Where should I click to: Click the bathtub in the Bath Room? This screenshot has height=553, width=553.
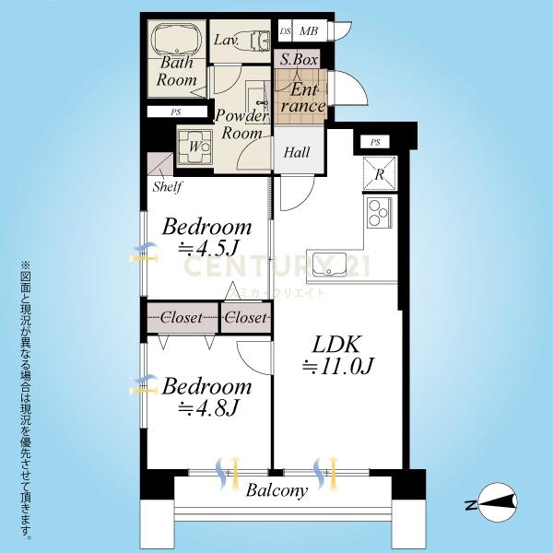pyautogui.click(x=177, y=39)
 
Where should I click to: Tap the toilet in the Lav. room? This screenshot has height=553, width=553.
pyautogui.click(x=260, y=41)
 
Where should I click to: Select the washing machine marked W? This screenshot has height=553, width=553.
pyautogui.click(x=195, y=147)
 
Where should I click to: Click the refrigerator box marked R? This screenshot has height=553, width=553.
pyautogui.click(x=380, y=174)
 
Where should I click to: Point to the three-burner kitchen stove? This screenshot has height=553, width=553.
pyautogui.click(x=380, y=212)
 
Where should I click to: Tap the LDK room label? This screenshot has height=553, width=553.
pyautogui.click(x=336, y=344)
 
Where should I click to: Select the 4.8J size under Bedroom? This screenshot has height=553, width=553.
pyautogui.click(x=208, y=408)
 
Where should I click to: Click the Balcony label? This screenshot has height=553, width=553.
pyautogui.click(x=276, y=490)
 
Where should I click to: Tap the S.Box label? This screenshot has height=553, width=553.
pyautogui.click(x=299, y=60)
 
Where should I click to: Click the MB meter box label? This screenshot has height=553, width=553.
pyautogui.click(x=309, y=31)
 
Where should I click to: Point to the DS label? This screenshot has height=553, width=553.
pyautogui.click(x=286, y=31)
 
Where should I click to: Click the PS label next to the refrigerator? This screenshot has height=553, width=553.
pyautogui.click(x=375, y=143)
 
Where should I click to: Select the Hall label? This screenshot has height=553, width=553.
pyautogui.click(x=297, y=152)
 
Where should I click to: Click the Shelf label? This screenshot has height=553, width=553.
pyautogui.click(x=168, y=186)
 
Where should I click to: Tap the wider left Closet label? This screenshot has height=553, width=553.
pyautogui.click(x=182, y=318)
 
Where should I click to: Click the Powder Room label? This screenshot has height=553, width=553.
pyautogui.click(x=241, y=124)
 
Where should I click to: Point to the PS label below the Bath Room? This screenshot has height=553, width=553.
pyautogui.click(x=176, y=112)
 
